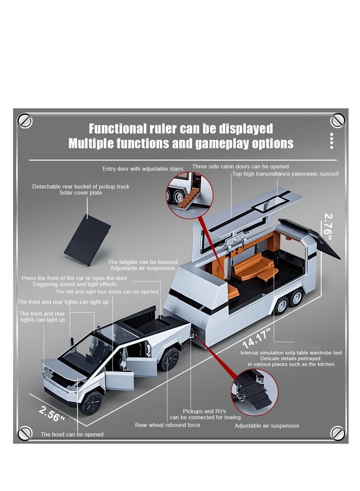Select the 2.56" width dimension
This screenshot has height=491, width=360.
click(x=52, y=414)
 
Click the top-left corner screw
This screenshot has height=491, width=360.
click(x=25, y=120)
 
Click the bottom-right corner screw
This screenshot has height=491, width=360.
click(x=337, y=433)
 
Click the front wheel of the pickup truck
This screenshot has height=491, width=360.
click(x=93, y=402)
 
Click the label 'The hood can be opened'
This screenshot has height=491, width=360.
click(x=72, y=434)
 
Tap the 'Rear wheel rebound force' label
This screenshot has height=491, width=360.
click(x=168, y=425)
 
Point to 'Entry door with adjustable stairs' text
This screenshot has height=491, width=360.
click(x=143, y=169)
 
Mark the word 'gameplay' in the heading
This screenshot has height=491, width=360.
click(x=216, y=143)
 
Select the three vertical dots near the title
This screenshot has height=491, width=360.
click(x=332, y=140)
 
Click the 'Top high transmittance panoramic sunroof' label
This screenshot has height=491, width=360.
click(x=285, y=174)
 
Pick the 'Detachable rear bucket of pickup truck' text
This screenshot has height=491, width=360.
click(x=81, y=186)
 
